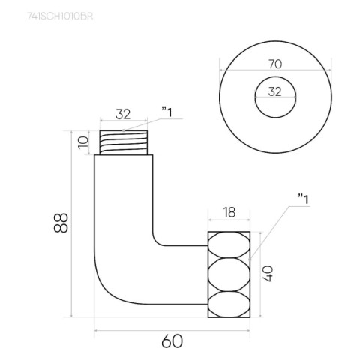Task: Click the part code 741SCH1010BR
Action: [x=60, y=16]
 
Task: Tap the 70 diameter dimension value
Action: [x=275, y=64]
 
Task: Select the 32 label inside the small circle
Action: [x=275, y=91]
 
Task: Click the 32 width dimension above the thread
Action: [x=123, y=114]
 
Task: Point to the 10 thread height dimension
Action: [x=83, y=142]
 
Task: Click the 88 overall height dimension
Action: [x=61, y=223]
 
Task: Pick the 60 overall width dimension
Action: [x=172, y=341]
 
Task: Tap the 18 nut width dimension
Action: [x=229, y=212]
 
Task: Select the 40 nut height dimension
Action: [x=267, y=274]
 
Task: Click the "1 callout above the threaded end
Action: [x=167, y=112]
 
